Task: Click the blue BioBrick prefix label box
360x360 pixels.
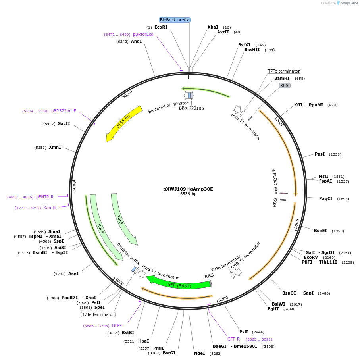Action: click(x=175, y=20)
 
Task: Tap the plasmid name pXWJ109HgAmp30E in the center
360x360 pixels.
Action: click(x=188, y=189)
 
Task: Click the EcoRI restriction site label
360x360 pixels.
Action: click(x=161, y=27)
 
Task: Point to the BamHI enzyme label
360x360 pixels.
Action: click(x=282, y=78)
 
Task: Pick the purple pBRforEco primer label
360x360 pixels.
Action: click(x=143, y=34)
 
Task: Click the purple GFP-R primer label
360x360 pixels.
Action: click(x=233, y=339)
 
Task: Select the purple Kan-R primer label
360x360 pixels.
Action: click(x=50, y=208)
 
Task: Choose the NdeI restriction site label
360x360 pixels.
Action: click(x=199, y=353)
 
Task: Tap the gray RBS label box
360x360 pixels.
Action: click(x=284, y=85)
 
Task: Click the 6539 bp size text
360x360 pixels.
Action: click(x=188, y=194)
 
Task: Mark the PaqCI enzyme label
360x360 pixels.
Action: click(x=325, y=198)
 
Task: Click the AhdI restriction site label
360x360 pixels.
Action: click(x=136, y=41)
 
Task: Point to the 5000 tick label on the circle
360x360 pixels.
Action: click(x=74, y=185)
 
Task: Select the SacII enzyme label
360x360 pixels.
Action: click(x=64, y=123)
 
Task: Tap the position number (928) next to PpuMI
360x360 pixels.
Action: click(x=332, y=105)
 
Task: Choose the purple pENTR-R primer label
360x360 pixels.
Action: click(x=45, y=197)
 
